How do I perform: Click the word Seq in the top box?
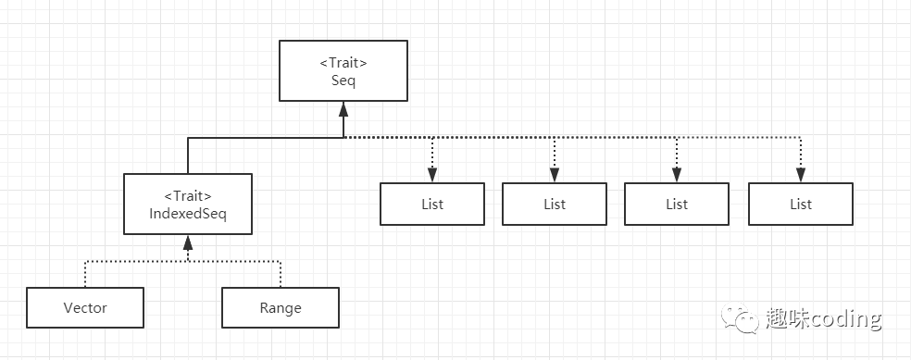pos(343,81)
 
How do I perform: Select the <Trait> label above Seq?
pos(343,64)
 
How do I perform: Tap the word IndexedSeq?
pos(188,214)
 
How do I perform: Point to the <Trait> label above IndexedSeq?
pos(188,197)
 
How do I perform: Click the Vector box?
pos(85,308)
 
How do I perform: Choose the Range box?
pos(281,308)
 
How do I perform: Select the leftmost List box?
pos(432,204)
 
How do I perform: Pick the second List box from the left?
pos(555,204)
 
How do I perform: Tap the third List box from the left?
pos(677,204)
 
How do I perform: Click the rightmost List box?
pos(801,204)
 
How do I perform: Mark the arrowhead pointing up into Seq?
pos(343,107)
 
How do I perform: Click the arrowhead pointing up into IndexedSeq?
pos(188,242)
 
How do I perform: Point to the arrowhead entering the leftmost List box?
pos(432,176)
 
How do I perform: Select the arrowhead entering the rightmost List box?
pos(801,176)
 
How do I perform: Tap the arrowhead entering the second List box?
pos(555,176)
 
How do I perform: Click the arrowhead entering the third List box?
pos(677,176)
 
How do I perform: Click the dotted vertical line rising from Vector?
pos(85,274)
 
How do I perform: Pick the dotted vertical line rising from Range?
pos(281,274)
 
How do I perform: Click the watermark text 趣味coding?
pos(823,319)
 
